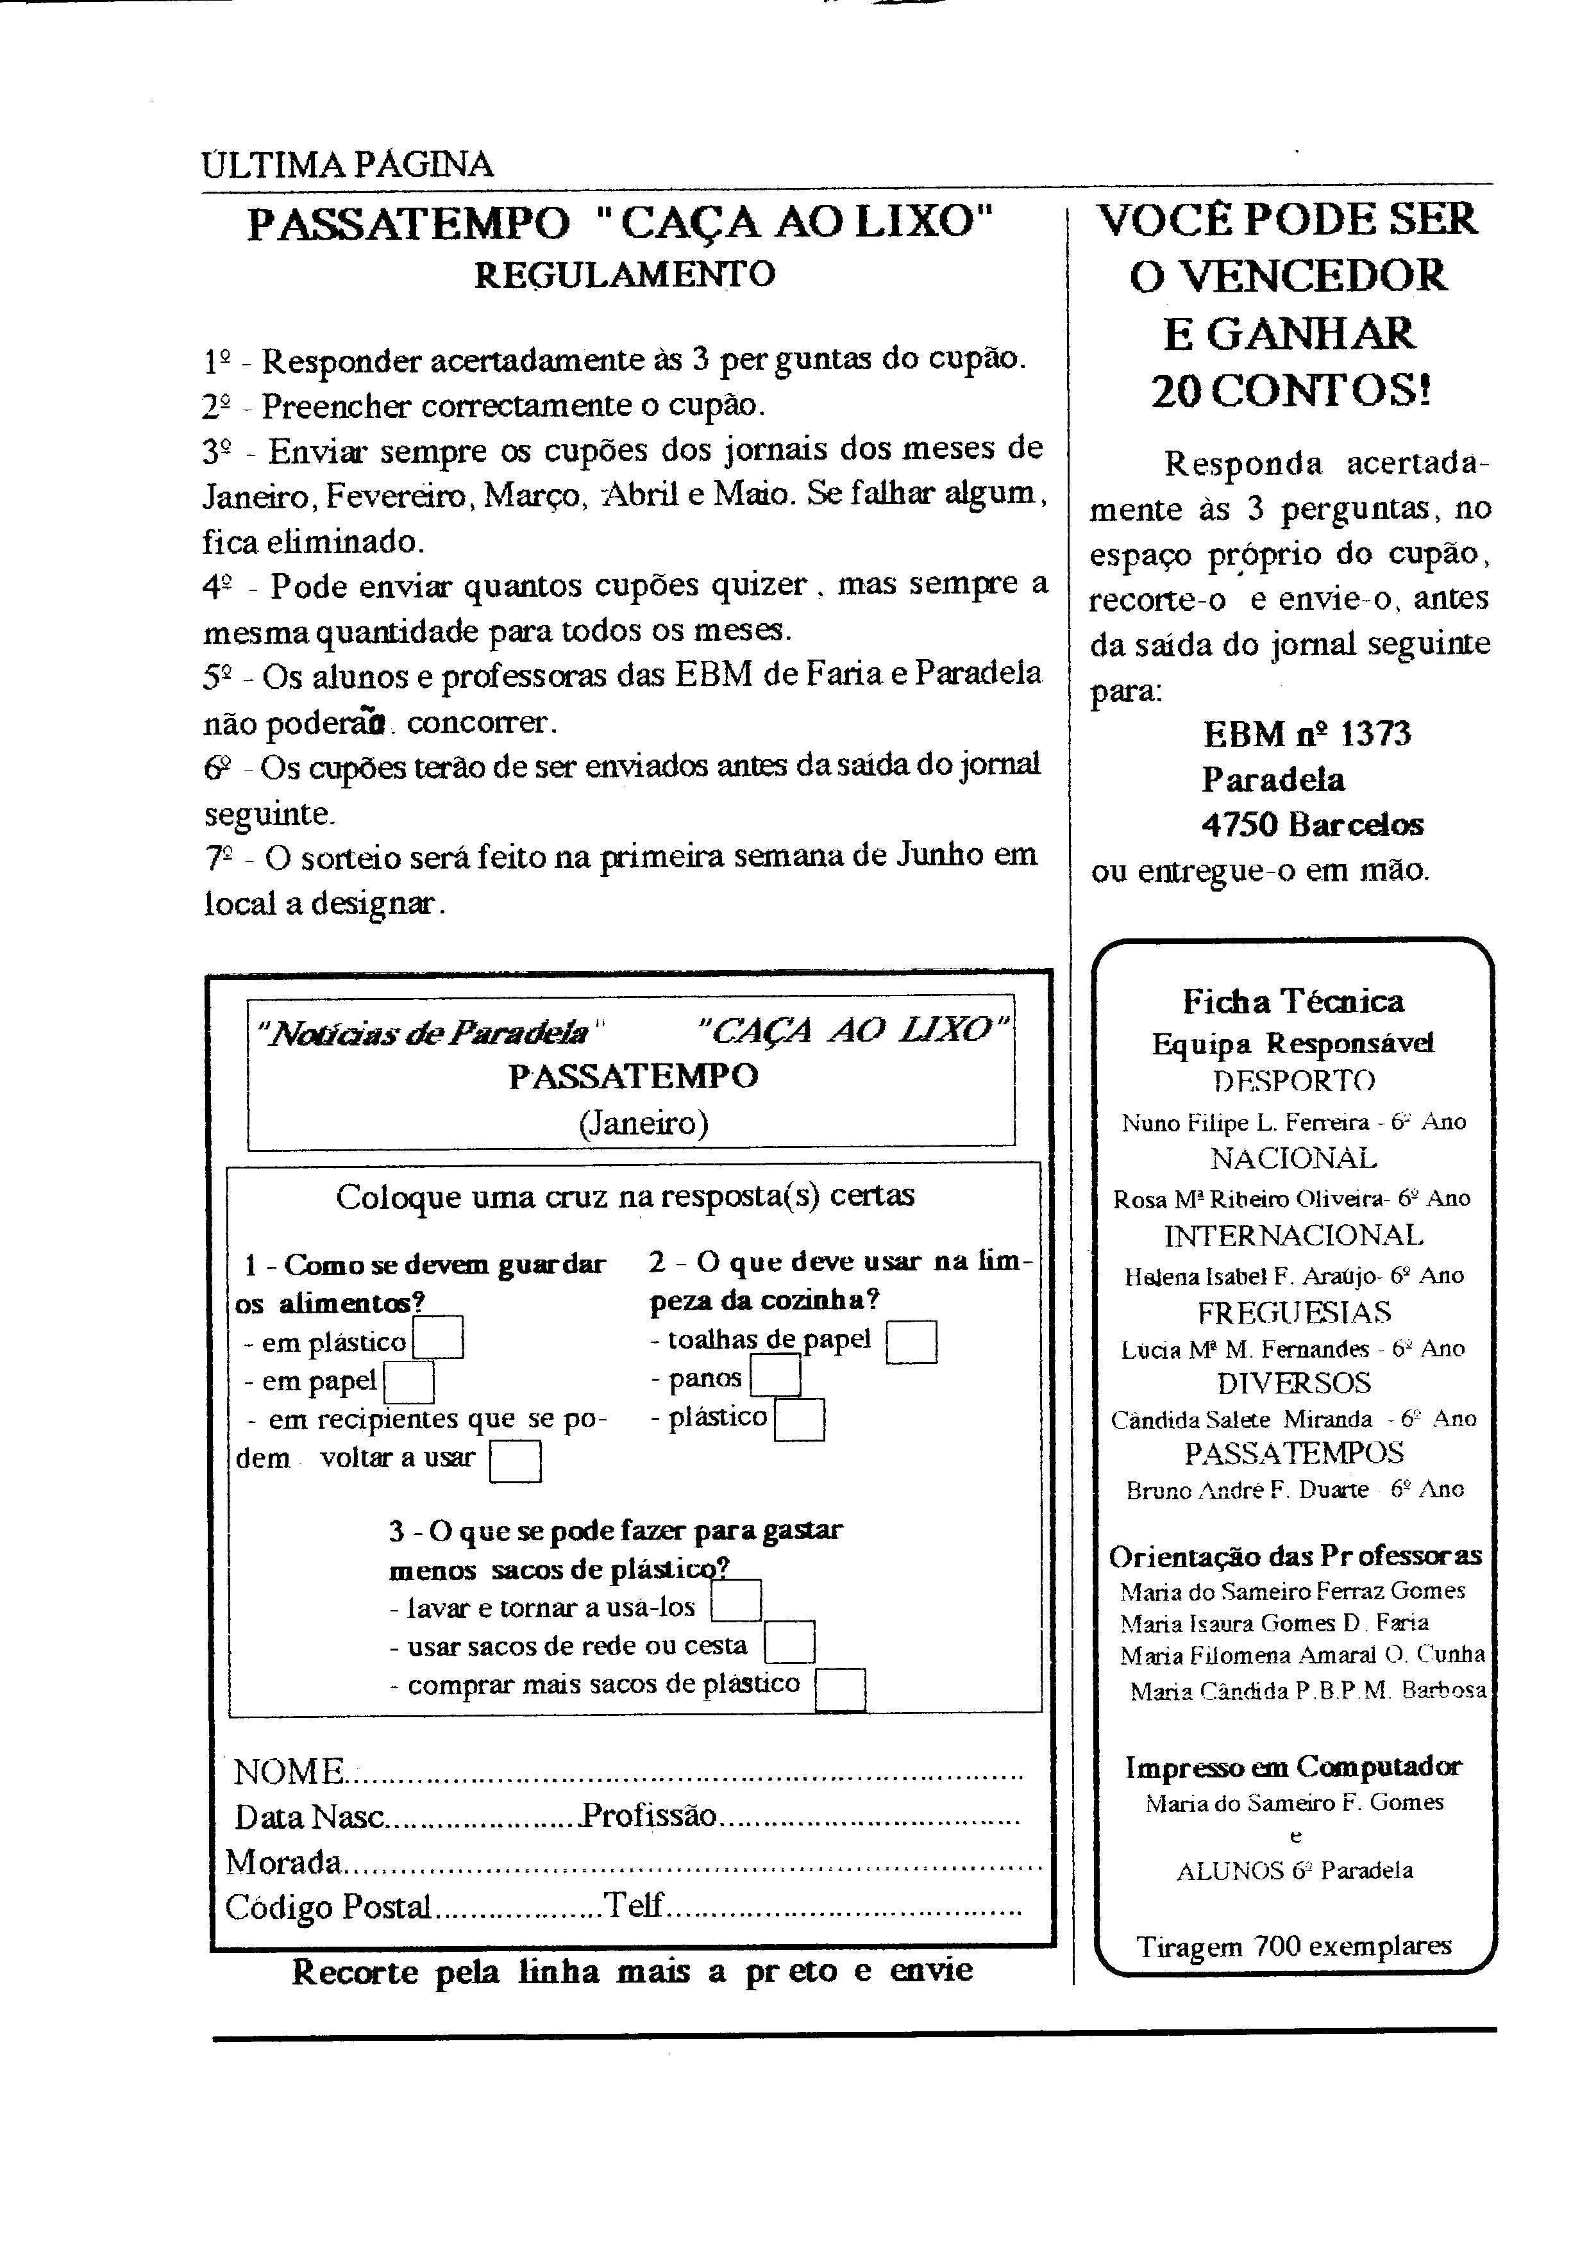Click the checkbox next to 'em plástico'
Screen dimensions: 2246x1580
[x=439, y=1338]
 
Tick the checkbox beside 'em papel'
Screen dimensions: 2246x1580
[x=409, y=1382]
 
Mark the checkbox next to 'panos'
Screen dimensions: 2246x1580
[x=776, y=1377]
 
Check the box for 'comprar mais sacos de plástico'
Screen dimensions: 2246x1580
[x=841, y=1690]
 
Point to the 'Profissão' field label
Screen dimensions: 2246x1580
[x=650, y=1817]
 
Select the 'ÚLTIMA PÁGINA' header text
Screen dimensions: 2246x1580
[x=348, y=164]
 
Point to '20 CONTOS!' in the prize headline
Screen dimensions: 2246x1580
[x=1291, y=392]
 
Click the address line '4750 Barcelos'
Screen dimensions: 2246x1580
[x=1312, y=825]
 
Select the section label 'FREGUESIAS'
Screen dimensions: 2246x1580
[x=1293, y=1312]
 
